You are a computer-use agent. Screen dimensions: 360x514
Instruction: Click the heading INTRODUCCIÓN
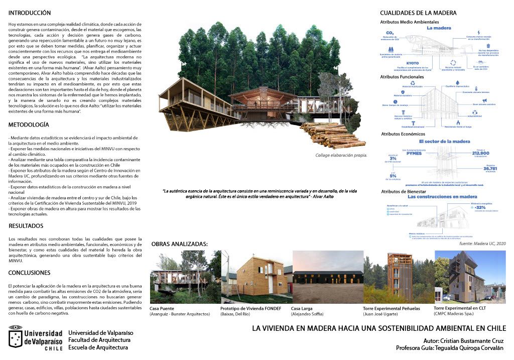pos(30,12)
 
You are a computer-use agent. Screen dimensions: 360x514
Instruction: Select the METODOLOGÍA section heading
pos(29,124)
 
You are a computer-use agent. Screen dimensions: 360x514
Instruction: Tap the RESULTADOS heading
pos(26,226)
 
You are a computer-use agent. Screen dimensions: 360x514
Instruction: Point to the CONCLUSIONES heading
pos(30,273)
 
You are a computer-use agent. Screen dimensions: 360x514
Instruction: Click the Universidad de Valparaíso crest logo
pos(15,336)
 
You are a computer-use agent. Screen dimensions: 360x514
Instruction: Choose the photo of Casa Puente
pos(185,277)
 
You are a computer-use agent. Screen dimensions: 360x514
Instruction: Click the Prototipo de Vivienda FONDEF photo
pos(255,277)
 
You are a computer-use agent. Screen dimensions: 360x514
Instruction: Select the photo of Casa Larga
pos(327,277)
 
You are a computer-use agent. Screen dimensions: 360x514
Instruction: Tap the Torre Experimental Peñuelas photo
pos(398,277)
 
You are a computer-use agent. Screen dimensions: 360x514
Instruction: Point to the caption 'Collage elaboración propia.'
pos(341,155)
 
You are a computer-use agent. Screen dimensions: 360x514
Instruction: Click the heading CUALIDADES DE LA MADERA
pos(418,13)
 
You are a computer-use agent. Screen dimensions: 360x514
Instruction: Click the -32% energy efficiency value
pos(480,207)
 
